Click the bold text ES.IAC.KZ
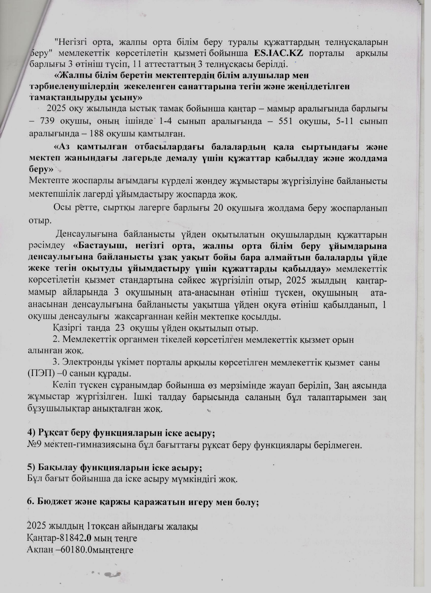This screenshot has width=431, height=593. click(278, 53)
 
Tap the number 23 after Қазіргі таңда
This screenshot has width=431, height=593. click(120, 328)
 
